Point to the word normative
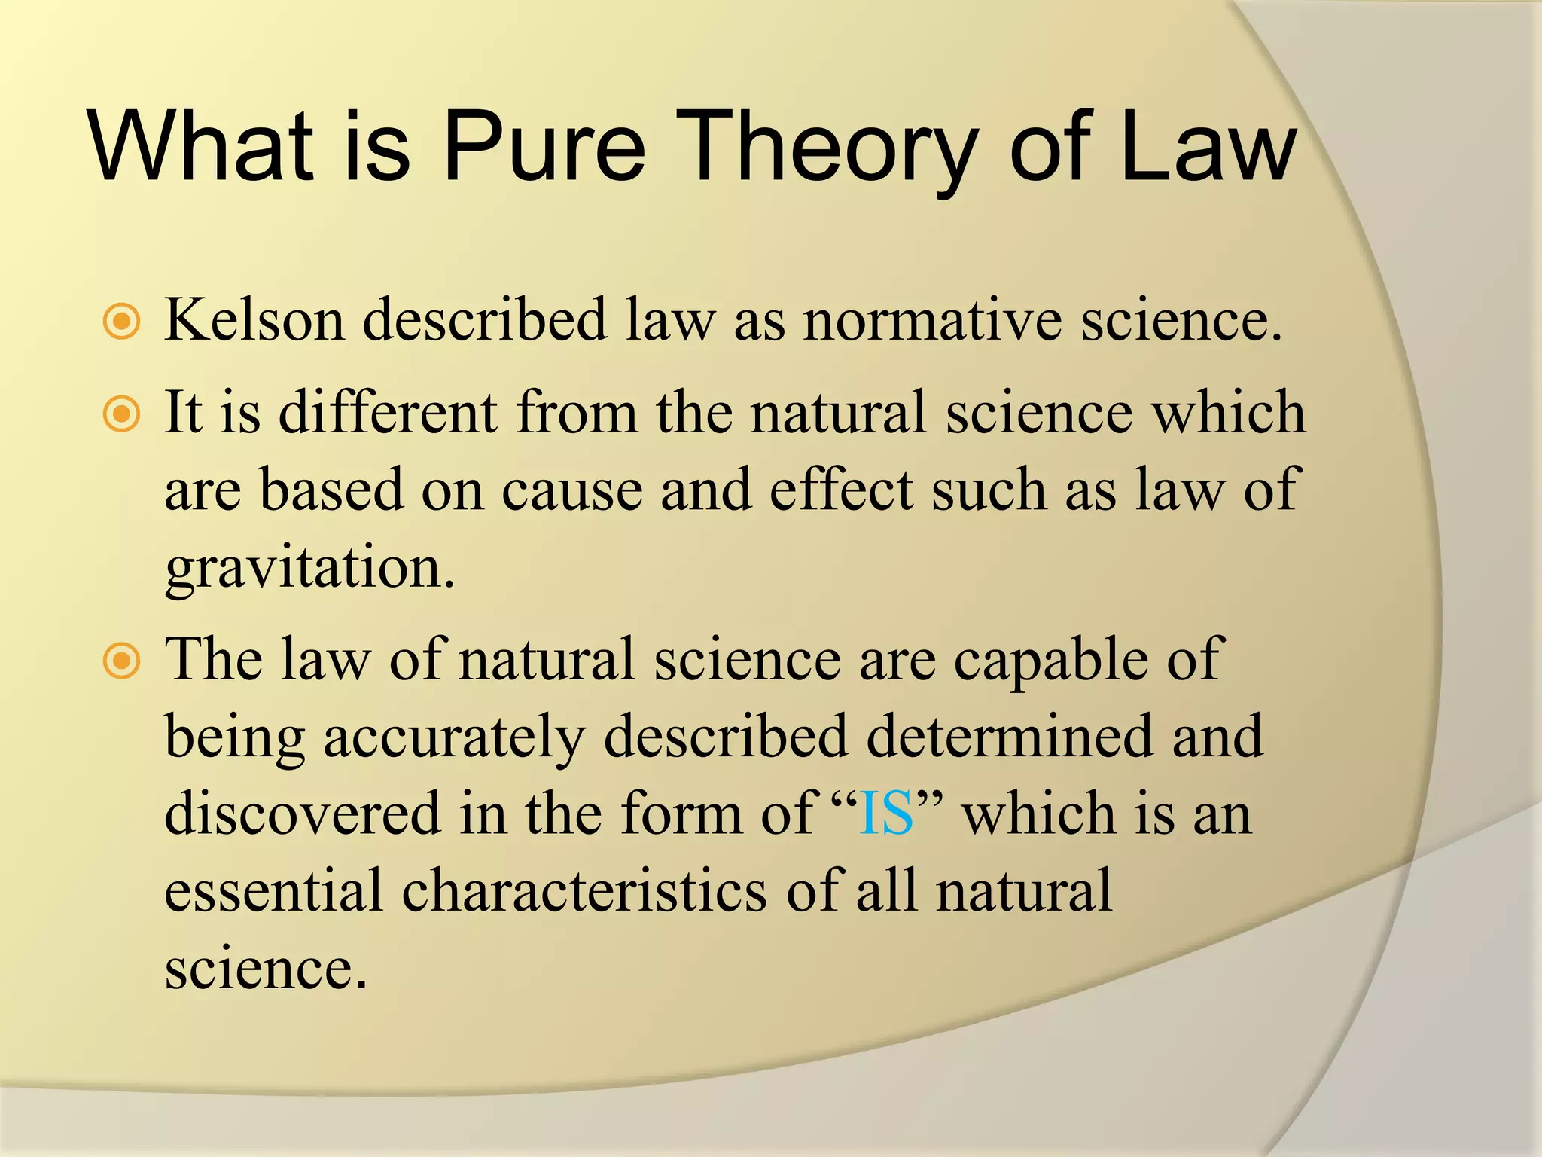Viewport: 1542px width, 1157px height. click(x=934, y=320)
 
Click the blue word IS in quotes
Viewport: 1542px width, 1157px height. click(x=886, y=814)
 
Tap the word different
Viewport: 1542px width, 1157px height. click(x=388, y=413)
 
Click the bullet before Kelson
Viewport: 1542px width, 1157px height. click(x=121, y=322)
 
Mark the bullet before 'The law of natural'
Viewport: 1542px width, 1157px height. click(x=121, y=661)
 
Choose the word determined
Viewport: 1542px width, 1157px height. click(x=1009, y=737)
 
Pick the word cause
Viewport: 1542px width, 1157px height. click(x=571, y=490)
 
